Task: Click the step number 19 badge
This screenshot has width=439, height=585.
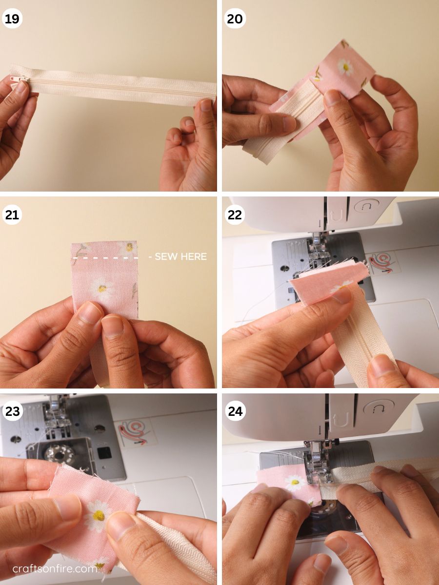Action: tap(12, 19)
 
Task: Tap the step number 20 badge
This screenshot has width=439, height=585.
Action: tap(235, 19)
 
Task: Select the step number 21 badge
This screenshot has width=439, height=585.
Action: tap(12, 215)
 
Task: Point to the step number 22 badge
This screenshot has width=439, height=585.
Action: tap(235, 215)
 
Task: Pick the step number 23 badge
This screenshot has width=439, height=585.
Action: tap(12, 411)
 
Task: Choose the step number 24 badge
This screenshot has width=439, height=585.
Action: tap(235, 411)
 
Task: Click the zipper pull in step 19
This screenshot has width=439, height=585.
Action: tap(19, 79)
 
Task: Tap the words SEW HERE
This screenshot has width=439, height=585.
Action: tap(180, 256)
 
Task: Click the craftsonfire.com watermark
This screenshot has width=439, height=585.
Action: tap(55, 568)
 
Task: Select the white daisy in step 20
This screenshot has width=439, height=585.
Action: tap(345, 67)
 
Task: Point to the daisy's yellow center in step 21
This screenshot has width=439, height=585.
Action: tap(102, 288)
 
